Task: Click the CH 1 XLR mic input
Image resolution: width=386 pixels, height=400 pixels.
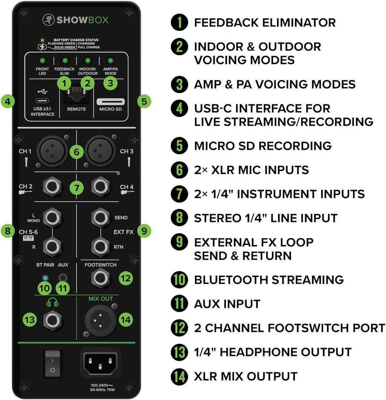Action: (x=52, y=151)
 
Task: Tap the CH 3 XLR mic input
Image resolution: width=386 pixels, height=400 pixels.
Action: (x=100, y=151)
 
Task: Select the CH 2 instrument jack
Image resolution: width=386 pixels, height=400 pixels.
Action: (x=52, y=186)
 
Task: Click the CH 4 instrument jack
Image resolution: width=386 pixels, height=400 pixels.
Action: (x=101, y=186)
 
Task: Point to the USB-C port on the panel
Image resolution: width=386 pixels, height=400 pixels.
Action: (x=42, y=101)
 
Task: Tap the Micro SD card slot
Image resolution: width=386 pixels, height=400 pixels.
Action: (x=110, y=102)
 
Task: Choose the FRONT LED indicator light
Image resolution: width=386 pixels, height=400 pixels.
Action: (x=42, y=61)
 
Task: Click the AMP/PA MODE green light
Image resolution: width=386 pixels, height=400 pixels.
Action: (x=110, y=61)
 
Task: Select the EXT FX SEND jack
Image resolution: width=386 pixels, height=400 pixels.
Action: (x=101, y=218)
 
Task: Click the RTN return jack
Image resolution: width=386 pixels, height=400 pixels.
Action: (x=101, y=246)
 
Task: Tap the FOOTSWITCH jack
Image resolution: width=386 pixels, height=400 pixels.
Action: (x=101, y=278)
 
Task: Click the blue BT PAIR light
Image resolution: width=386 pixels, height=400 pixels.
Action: (x=45, y=278)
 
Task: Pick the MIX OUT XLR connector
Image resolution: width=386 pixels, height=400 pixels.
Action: (x=100, y=320)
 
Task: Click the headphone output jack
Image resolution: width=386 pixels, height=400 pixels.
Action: (x=52, y=320)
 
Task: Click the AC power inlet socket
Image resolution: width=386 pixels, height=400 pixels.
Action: (x=100, y=363)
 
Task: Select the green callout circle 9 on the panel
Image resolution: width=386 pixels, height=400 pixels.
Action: (x=144, y=231)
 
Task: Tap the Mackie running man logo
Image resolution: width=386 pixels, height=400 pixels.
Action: (x=49, y=20)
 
